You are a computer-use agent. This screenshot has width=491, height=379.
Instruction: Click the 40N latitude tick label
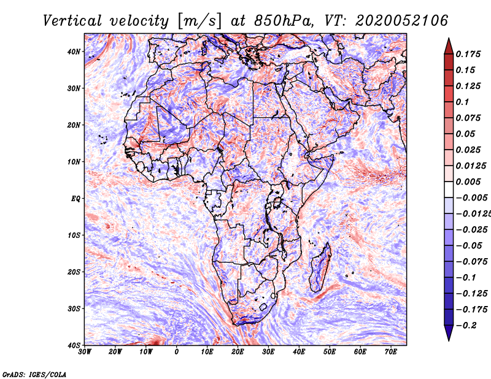coord(74,52)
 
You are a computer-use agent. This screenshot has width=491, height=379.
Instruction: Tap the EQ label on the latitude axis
coord(75,199)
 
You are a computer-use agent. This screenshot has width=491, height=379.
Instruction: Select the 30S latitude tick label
coord(74,309)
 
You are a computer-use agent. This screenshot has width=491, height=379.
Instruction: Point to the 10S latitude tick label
coord(74,235)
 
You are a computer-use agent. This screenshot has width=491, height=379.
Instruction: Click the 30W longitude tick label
coord(85,352)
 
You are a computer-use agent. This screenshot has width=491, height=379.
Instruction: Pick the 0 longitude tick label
coord(177,352)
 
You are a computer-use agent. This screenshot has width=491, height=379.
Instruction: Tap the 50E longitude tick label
coord(330,352)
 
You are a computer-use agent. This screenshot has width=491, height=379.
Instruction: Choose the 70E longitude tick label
coord(391,352)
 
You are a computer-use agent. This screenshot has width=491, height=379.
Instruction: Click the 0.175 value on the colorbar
coord(468,54)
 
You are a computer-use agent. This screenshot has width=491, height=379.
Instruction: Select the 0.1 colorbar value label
coord(462,102)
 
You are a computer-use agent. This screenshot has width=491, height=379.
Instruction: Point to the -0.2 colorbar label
coord(466,326)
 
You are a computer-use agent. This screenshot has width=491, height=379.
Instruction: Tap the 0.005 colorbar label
coord(468,182)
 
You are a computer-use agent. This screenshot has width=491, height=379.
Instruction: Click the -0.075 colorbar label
coord(471,262)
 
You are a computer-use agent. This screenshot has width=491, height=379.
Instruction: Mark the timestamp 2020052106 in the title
coord(401,21)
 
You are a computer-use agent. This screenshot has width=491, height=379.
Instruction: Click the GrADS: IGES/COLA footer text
coord(34,375)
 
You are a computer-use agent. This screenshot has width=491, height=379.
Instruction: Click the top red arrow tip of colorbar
coord(449,38)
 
